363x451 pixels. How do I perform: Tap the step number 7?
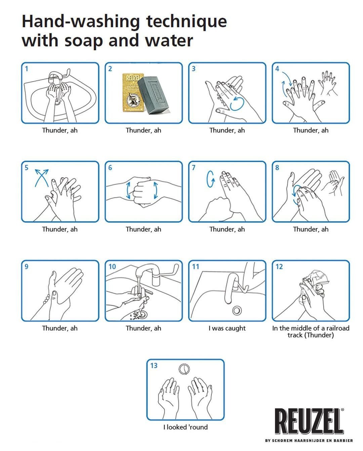click(194, 168)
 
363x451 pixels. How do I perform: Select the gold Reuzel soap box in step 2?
click(133, 92)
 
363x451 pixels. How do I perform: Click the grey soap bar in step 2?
click(153, 95)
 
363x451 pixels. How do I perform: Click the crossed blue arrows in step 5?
click(42, 178)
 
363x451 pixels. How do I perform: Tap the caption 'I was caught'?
click(227, 328)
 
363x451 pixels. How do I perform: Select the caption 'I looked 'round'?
click(186, 427)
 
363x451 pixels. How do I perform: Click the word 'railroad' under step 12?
click(338, 328)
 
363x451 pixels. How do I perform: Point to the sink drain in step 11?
click(237, 310)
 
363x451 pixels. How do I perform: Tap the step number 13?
click(154, 365)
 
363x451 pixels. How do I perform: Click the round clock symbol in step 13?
click(184, 369)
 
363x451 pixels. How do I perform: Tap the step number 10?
click(112, 267)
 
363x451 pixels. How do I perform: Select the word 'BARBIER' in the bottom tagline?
click(345, 441)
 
